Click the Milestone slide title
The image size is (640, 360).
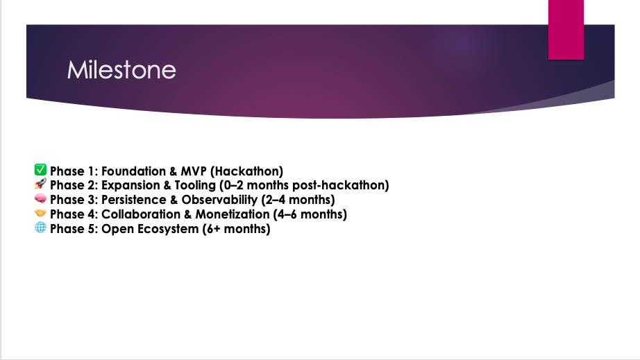(121, 70)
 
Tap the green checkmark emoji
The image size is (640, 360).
(40, 170)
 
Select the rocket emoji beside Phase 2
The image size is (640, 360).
(40, 184)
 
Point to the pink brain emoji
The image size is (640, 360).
(40, 198)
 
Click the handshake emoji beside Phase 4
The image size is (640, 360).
(40, 213)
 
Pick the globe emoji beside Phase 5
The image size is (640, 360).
(40, 228)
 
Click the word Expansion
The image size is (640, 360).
(130, 185)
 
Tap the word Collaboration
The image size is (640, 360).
(141, 214)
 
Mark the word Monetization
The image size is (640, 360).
(233, 214)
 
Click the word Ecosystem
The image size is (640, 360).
(168, 230)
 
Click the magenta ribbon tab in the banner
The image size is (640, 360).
(566, 30)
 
